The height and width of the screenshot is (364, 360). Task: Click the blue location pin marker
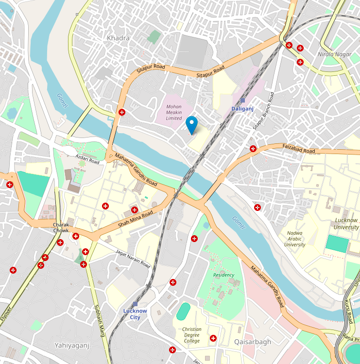(192, 124)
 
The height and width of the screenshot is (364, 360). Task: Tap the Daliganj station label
(242, 108)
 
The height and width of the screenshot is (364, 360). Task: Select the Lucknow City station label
(135, 313)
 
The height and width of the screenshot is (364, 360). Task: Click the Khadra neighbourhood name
(118, 38)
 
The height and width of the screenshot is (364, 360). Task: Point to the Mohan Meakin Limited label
(174, 112)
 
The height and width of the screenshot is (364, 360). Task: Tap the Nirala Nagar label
(334, 54)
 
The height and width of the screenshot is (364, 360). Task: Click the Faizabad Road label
(298, 148)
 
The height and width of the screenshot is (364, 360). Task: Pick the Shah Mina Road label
(136, 219)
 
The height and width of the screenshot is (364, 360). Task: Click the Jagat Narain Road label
(133, 258)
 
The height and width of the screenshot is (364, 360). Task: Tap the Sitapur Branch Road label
(263, 111)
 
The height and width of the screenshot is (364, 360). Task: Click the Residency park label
(223, 275)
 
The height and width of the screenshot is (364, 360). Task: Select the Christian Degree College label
(192, 335)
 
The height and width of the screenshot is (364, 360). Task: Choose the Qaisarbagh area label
(253, 342)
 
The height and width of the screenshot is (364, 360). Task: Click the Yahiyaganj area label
(72, 346)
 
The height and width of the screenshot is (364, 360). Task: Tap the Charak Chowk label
(61, 227)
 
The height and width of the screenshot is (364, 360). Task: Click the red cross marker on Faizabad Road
(253, 149)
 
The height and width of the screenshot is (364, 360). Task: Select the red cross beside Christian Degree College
(213, 338)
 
